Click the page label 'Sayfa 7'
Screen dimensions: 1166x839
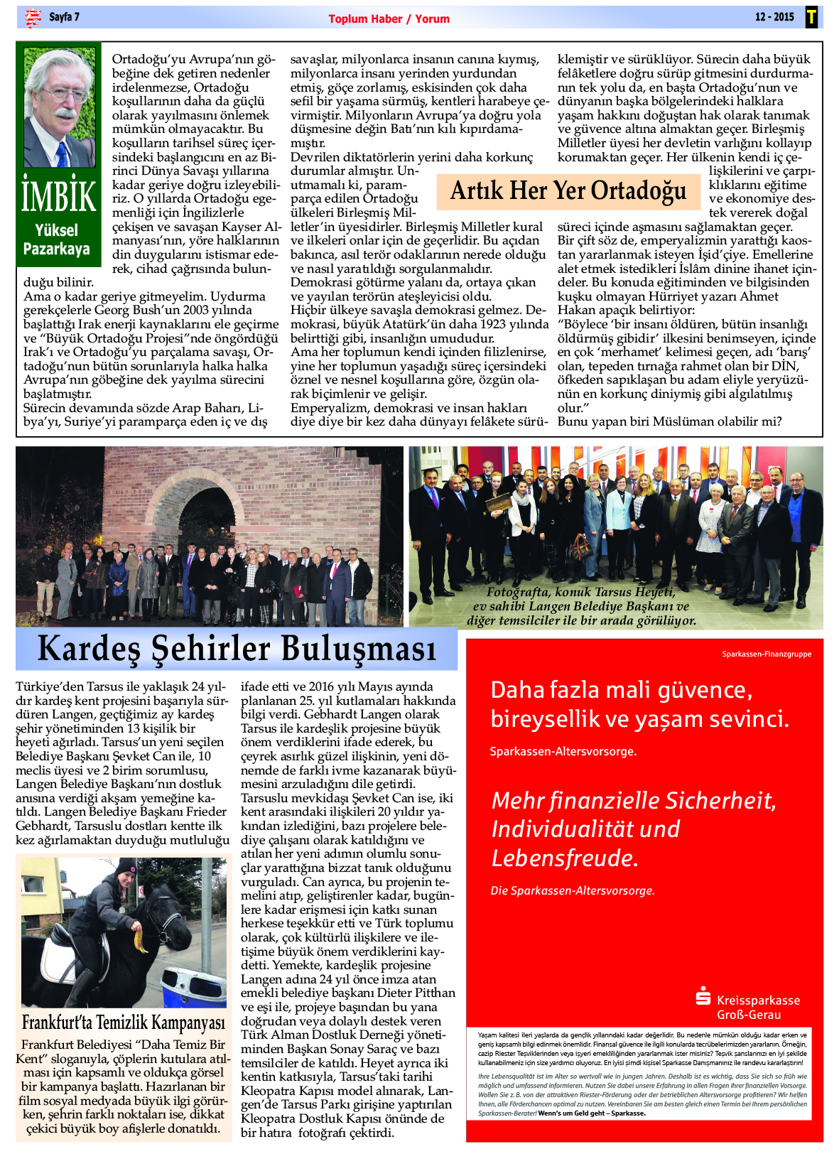[x=64, y=17]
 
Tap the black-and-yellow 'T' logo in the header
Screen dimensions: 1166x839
[x=811, y=17]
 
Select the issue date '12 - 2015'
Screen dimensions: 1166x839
[x=774, y=17]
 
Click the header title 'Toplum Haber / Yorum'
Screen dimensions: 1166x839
[x=389, y=19]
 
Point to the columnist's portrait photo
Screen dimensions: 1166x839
[x=60, y=107]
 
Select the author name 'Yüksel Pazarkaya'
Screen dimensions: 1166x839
[x=57, y=239]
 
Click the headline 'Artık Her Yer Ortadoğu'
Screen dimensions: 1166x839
[x=568, y=191]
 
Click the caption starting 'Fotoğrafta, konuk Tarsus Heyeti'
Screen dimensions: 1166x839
[x=581, y=606]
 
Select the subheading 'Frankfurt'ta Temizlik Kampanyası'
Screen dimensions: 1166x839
[x=124, y=1022]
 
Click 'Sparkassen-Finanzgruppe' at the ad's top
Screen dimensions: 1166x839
[x=766, y=654]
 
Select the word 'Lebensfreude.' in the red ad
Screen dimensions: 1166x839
[x=565, y=858]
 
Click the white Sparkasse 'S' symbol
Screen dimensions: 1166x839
[x=703, y=997]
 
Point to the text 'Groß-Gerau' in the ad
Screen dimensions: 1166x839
[x=748, y=1015]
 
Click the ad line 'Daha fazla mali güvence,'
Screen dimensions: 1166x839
[x=621, y=690]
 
